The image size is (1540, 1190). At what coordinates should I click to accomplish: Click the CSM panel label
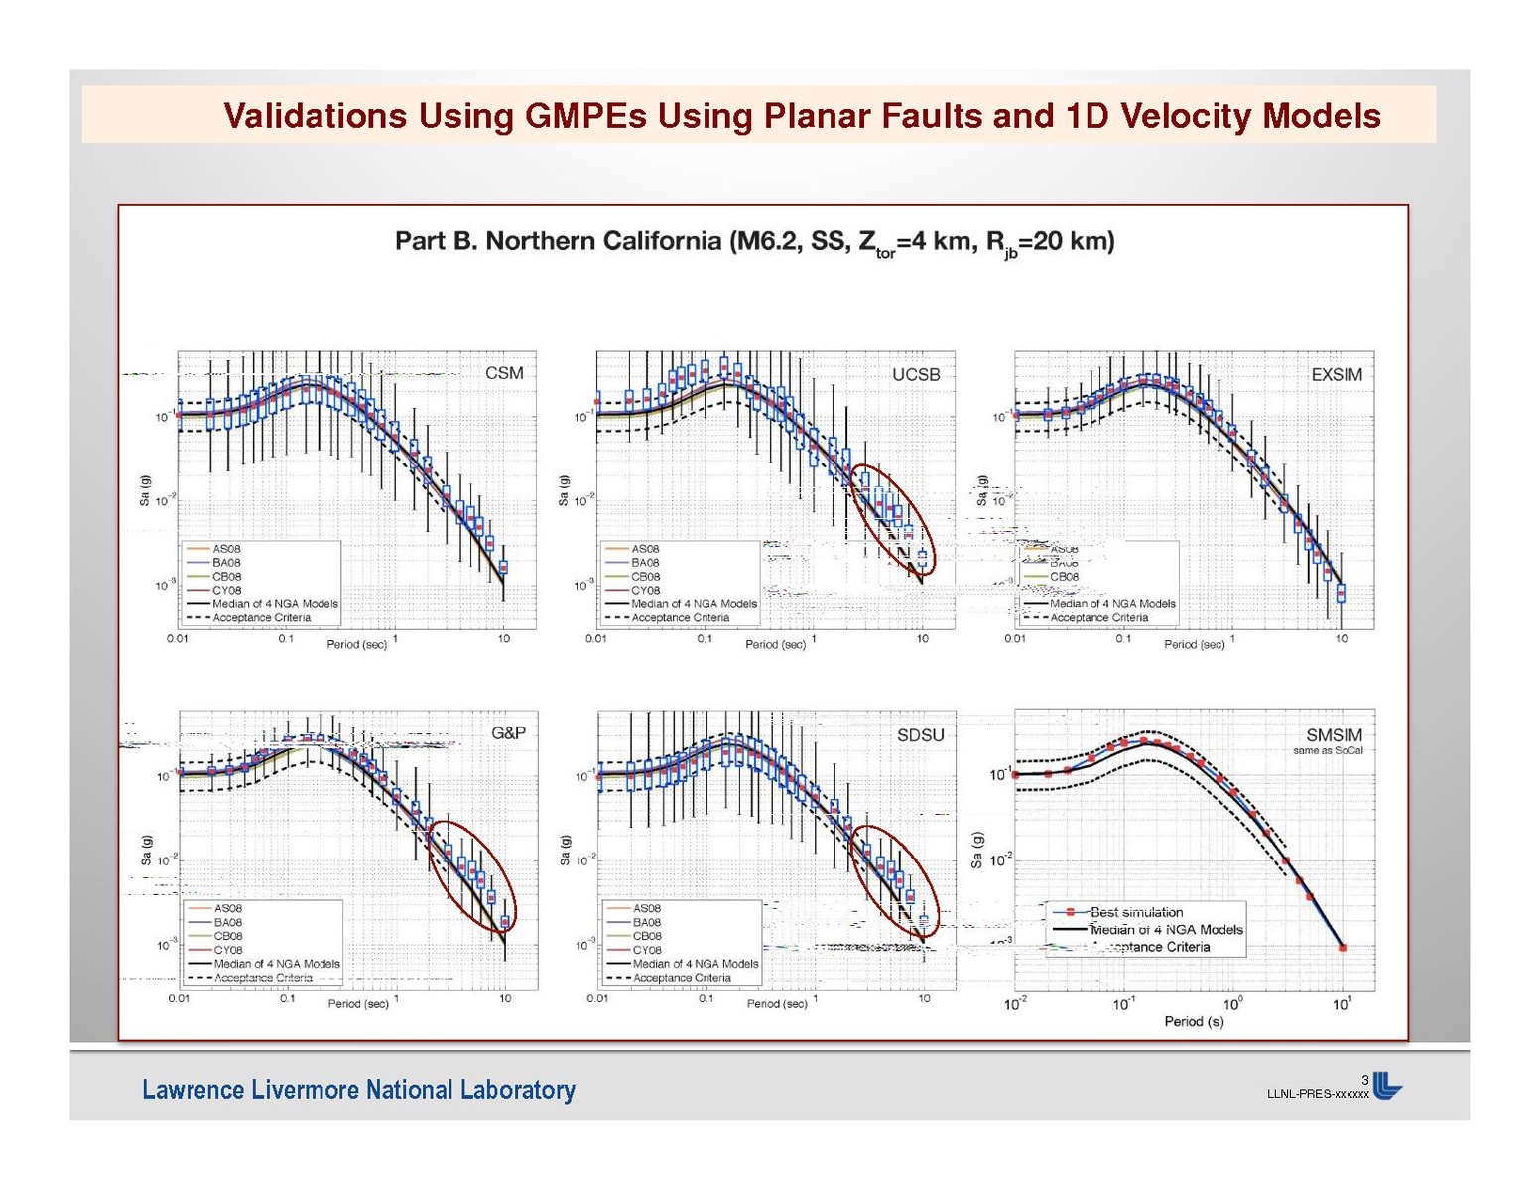tap(503, 373)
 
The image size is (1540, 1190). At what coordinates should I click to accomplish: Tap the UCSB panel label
tap(915, 374)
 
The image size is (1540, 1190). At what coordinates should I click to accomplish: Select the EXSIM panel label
tap(1336, 374)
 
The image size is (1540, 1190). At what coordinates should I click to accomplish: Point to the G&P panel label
tap(508, 733)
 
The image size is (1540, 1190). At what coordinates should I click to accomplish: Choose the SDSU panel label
tap(920, 734)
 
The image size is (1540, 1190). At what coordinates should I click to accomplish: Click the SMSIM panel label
tap(1334, 734)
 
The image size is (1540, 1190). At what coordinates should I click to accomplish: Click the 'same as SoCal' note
tap(1328, 751)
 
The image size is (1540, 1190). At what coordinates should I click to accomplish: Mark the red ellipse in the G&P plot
tap(473, 877)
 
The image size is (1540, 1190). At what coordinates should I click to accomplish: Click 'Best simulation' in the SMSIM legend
tap(1136, 912)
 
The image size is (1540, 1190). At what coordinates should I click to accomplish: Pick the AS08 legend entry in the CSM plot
tap(226, 549)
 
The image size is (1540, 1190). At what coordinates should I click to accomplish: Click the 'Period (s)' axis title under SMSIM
tap(1194, 1021)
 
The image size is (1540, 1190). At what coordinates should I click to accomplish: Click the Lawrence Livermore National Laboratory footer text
tap(358, 1090)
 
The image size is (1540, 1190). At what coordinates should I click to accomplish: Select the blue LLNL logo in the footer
tap(1387, 1087)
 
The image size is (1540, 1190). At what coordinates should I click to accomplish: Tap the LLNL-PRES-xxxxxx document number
tap(1317, 1094)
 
